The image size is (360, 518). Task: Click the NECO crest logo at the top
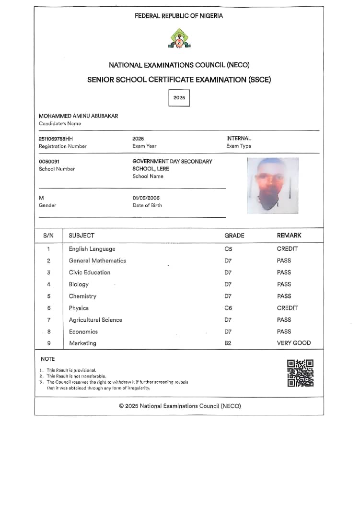pos(179,38)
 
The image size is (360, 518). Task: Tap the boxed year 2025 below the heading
pos(179,98)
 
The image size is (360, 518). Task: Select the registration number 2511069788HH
pos(56,139)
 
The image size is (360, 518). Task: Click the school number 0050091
pos(49,162)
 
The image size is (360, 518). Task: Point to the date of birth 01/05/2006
pos(146,198)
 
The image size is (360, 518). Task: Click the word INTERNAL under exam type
pos(239,138)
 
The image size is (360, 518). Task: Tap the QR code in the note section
pos(300,373)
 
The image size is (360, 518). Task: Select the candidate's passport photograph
pos(272,185)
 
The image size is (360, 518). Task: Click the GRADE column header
pos(234,235)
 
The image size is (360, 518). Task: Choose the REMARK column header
pos(289,235)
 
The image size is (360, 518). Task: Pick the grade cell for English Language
pos(228,249)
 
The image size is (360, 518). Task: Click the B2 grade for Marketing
pos(228,343)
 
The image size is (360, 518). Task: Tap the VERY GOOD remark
pos(294,343)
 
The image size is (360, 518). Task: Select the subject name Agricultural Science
pos(95,320)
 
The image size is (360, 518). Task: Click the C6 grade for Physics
pos(228,308)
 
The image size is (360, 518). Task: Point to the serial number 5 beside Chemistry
pos(48,296)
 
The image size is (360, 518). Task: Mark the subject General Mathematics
pos(97,261)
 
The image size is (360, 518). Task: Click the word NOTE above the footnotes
pos(48,359)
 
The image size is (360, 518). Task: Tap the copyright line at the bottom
pos(180,406)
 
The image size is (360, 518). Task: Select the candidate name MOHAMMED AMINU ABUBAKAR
pos(79,116)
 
